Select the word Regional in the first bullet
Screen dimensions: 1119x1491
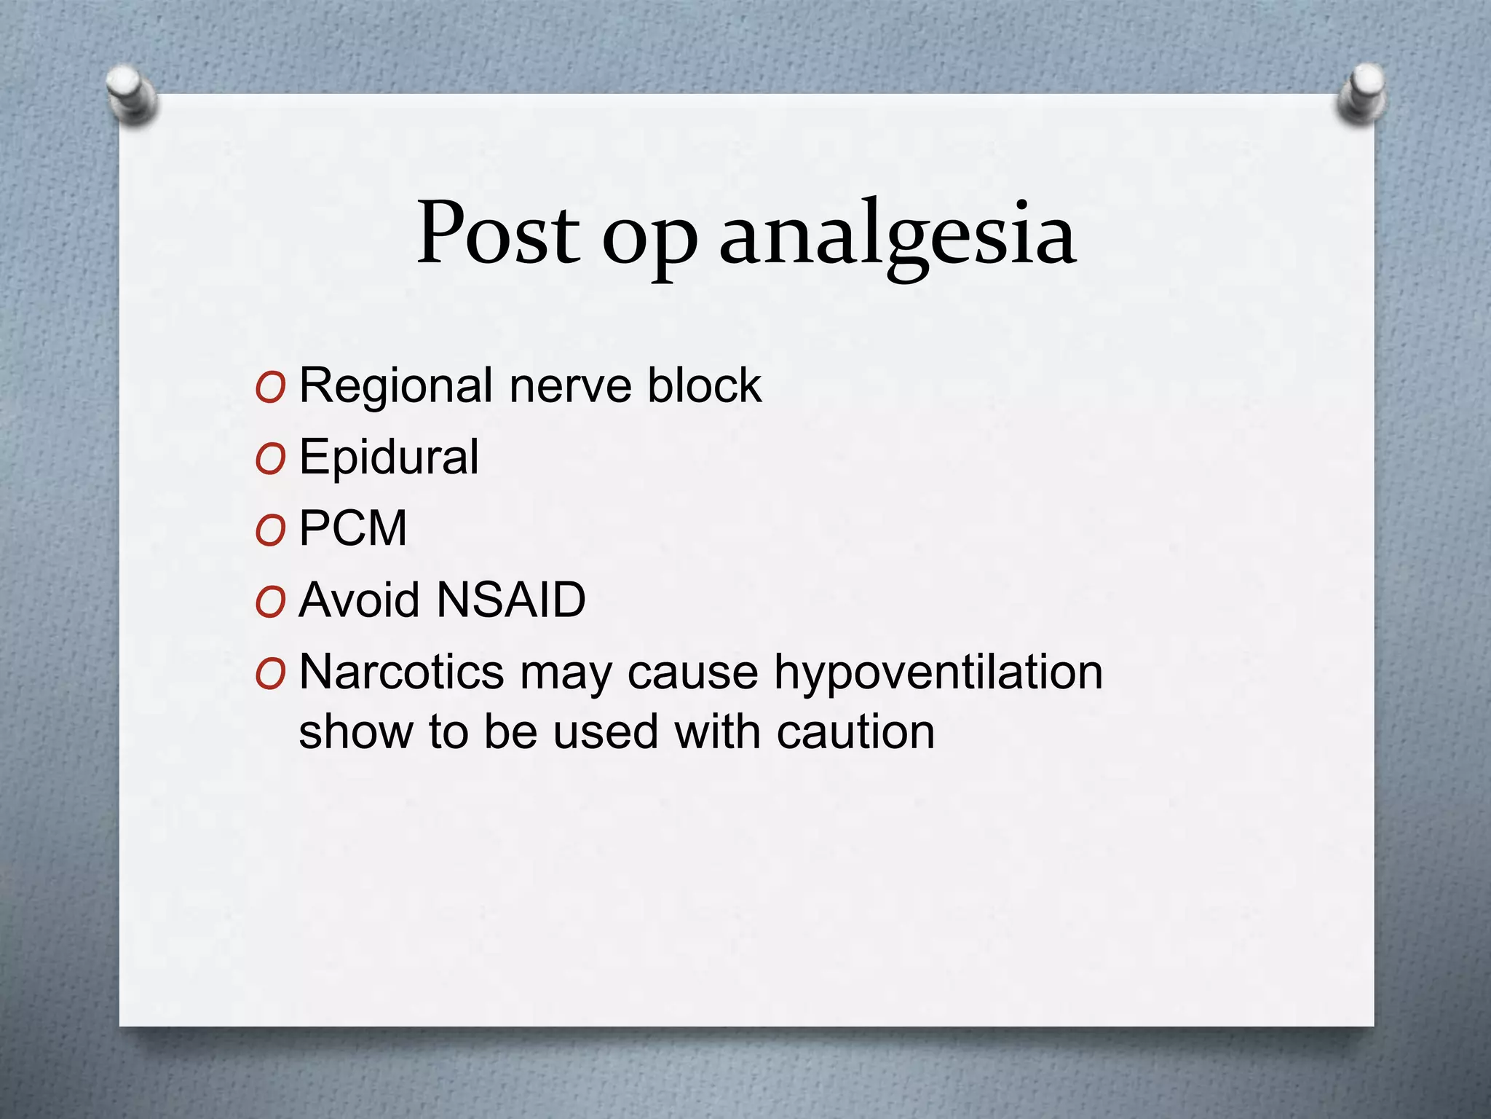(x=397, y=386)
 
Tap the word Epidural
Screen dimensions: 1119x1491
(x=389, y=458)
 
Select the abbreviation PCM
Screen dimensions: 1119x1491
(x=353, y=528)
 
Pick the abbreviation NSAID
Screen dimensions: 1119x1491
(x=511, y=600)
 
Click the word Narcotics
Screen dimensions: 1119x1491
(x=401, y=672)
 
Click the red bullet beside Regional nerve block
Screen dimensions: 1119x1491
(x=270, y=389)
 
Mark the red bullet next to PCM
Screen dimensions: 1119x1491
(x=270, y=532)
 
